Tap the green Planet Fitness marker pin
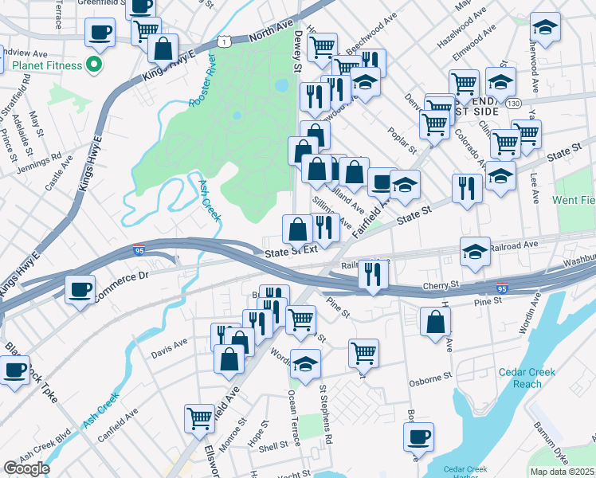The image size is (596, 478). (96, 65)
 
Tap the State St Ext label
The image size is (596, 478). (291, 249)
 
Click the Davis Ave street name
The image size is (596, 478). (170, 344)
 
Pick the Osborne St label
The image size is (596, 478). (430, 382)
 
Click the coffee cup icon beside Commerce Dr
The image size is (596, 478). (80, 288)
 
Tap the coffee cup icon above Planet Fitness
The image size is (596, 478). (100, 32)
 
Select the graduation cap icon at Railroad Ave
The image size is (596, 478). (476, 251)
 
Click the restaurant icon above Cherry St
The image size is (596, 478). (372, 273)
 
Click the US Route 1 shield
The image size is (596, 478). (227, 40)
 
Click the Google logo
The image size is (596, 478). (26, 468)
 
